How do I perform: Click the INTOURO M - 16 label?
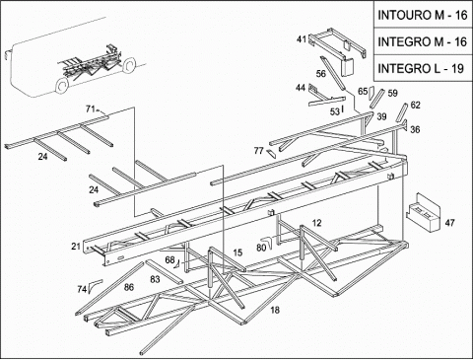423,15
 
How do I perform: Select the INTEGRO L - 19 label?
421,68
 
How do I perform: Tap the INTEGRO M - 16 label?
423,41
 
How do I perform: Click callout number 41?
302,39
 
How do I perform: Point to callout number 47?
449,223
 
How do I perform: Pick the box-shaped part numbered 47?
423,212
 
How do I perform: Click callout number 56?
321,74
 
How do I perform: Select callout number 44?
301,88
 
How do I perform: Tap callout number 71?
91,108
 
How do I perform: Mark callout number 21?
76,246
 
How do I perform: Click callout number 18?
275,310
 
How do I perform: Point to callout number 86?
129,287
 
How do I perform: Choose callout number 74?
82,289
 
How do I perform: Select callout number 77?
259,151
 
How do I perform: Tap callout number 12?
316,223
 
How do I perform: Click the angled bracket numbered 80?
269,242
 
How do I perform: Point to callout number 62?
416,106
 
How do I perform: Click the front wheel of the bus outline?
62,85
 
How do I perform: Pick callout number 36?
415,129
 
